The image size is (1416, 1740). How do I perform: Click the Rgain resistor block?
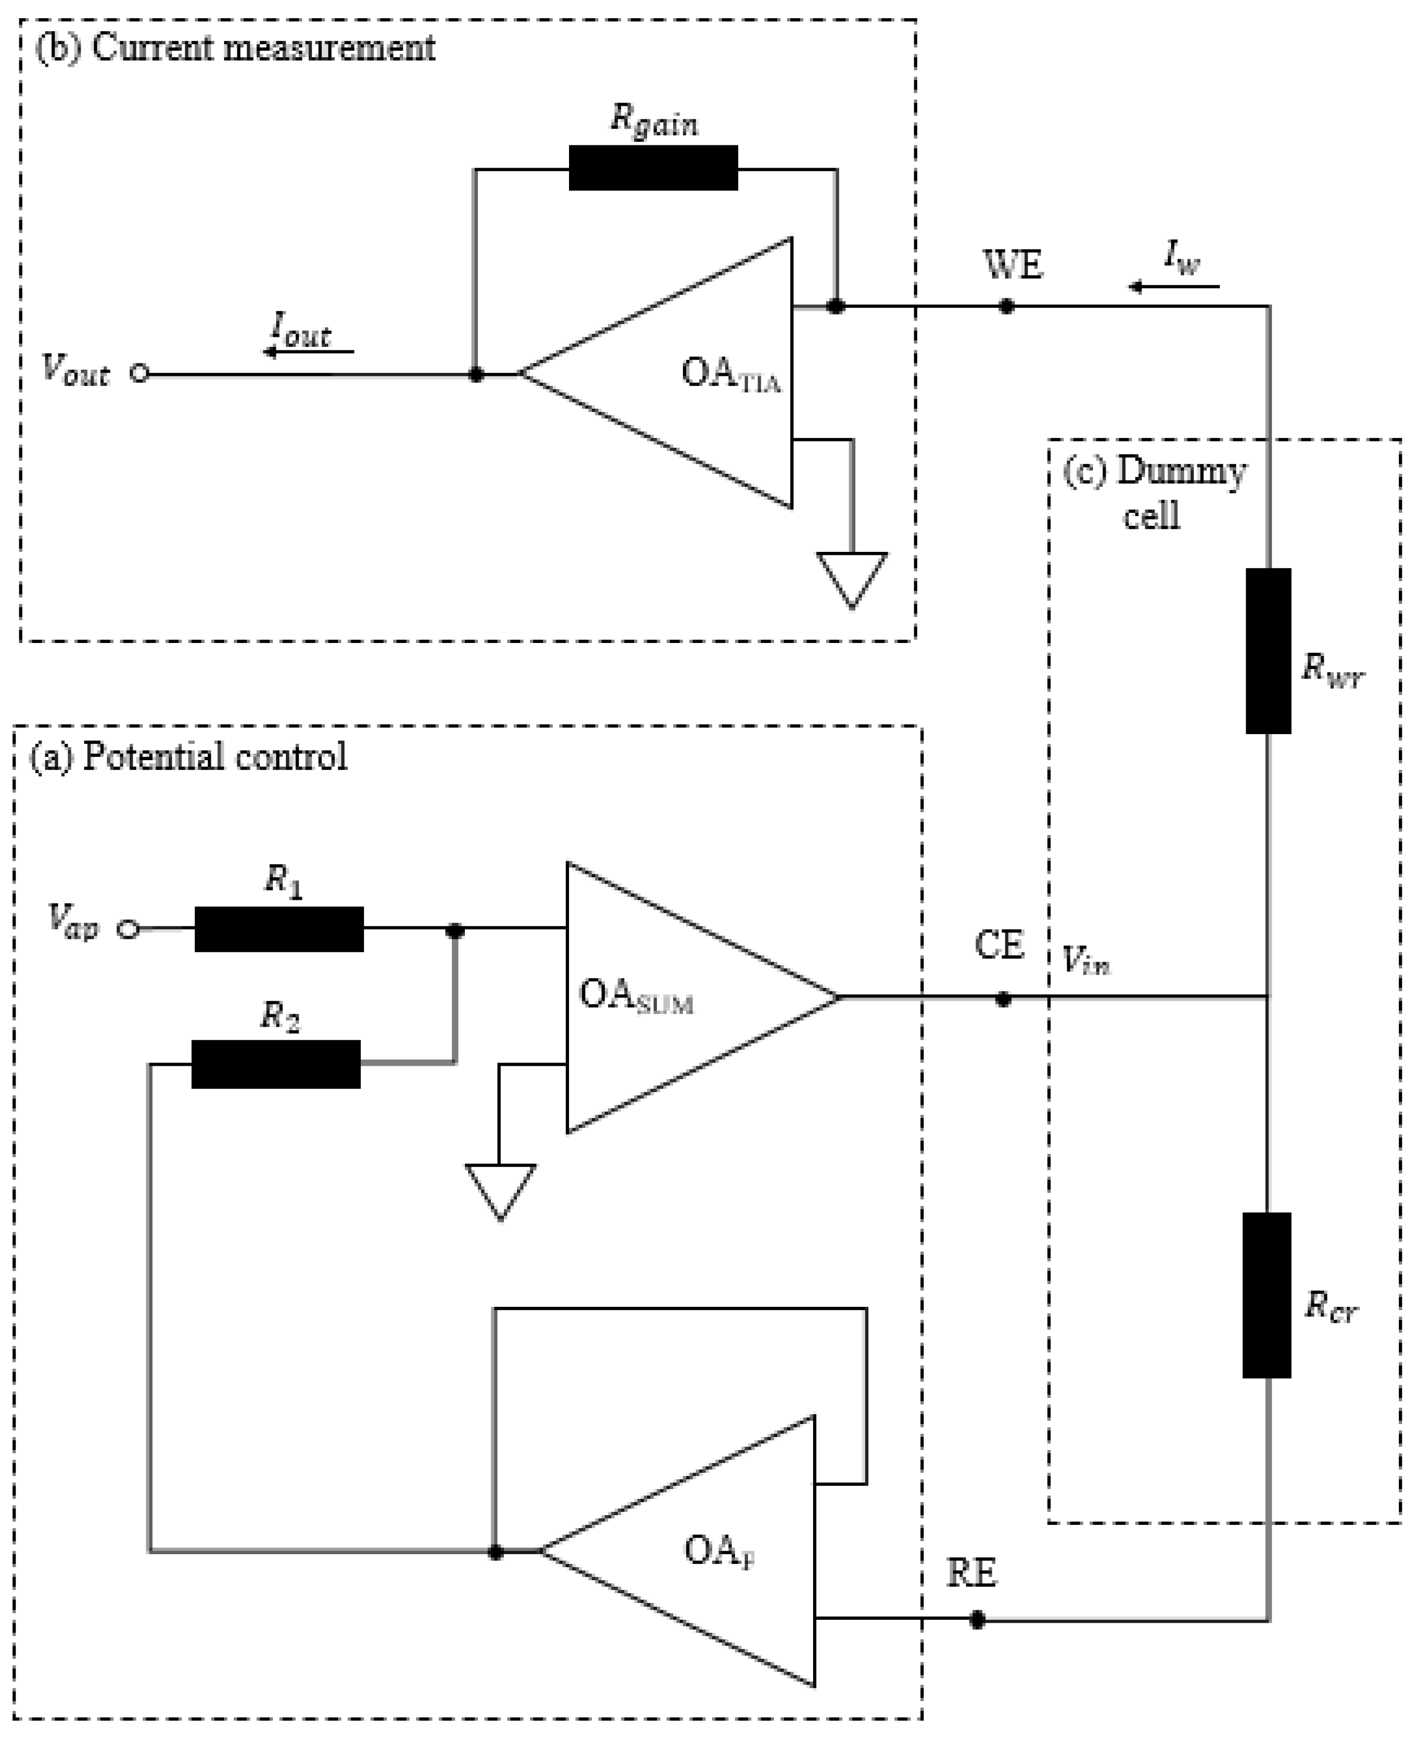[652, 168]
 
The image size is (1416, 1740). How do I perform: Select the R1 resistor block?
[279, 929]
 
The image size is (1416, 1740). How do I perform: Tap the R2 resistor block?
[276, 1064]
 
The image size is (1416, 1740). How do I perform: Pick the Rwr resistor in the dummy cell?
[1268, 651]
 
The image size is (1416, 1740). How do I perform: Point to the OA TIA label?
[730, 375]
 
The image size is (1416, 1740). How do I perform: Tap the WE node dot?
[1006, 307]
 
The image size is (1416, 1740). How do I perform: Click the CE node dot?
[1003, 999]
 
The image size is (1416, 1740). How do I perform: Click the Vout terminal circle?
[140, 374]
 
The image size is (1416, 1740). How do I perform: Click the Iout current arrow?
[308, 351]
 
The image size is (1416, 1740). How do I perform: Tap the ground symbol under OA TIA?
[852, 579]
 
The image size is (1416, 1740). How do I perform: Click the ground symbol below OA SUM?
[500, 1190]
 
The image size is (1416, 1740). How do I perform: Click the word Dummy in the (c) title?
[1181, 472]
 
